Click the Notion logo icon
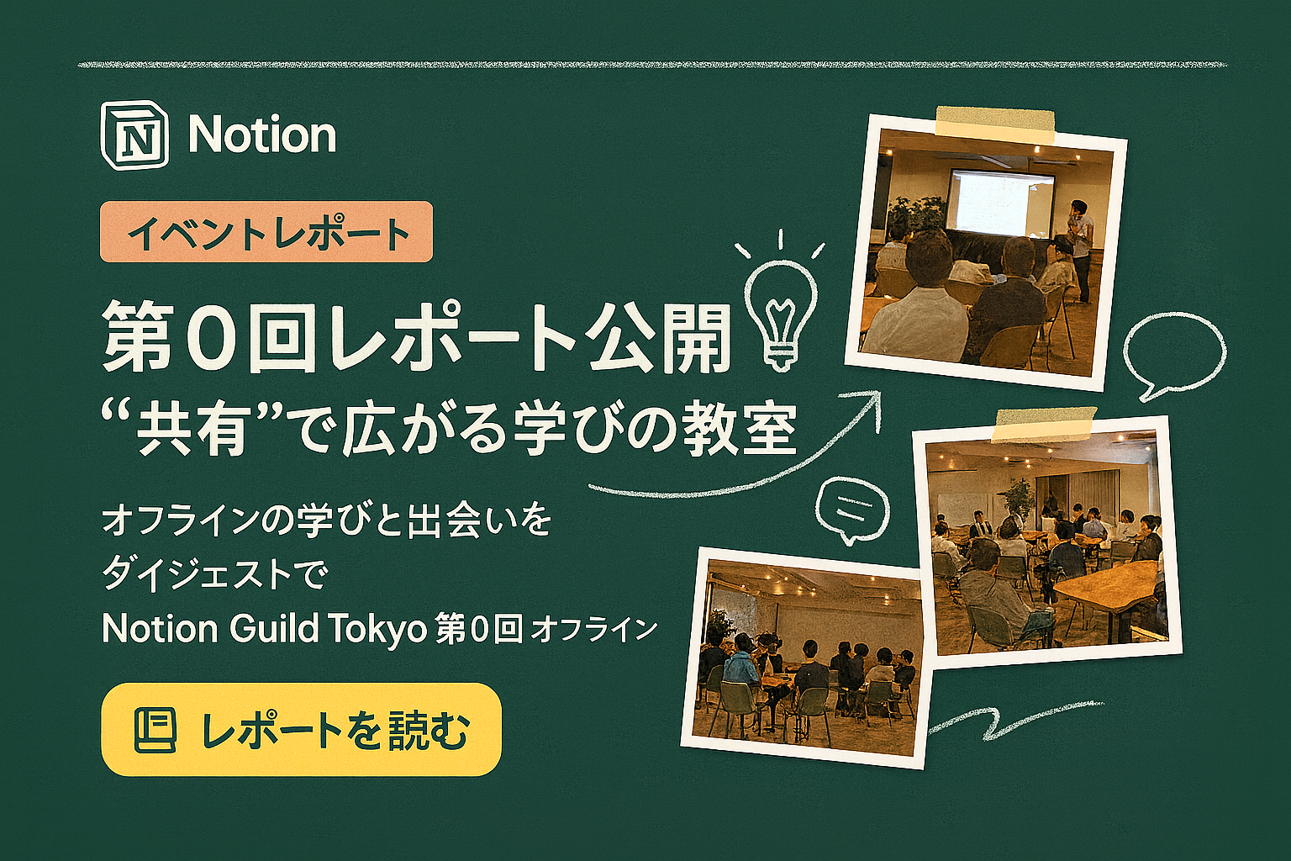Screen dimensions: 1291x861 (134, 136)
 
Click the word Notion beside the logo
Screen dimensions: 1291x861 (262, 135)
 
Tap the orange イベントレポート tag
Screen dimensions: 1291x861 (266, 232)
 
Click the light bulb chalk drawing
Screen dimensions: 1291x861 (781, 300)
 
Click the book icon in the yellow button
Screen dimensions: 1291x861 (155, 730)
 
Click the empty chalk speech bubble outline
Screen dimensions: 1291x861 (1174, 355)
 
